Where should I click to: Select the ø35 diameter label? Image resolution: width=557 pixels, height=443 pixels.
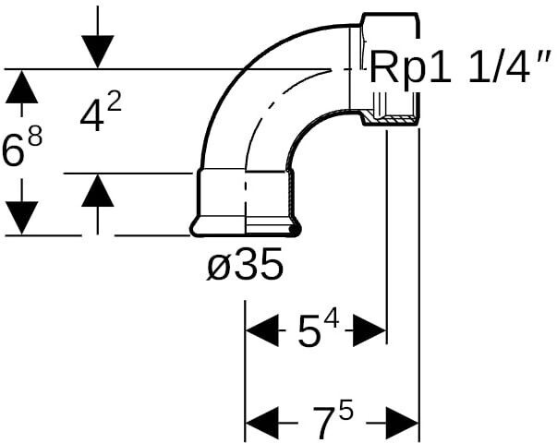(x=244, y=267)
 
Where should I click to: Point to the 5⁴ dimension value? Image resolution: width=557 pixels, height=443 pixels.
(x=318, y=331)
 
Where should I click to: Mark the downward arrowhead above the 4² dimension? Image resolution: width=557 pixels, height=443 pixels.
(x=97, y=50)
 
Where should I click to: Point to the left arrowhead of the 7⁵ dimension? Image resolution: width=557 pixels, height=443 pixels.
(x=261, y=424)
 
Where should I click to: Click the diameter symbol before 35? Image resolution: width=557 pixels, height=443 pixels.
(x=216, y=268)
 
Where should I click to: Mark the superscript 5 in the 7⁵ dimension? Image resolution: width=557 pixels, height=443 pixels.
(x=345, y=412)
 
